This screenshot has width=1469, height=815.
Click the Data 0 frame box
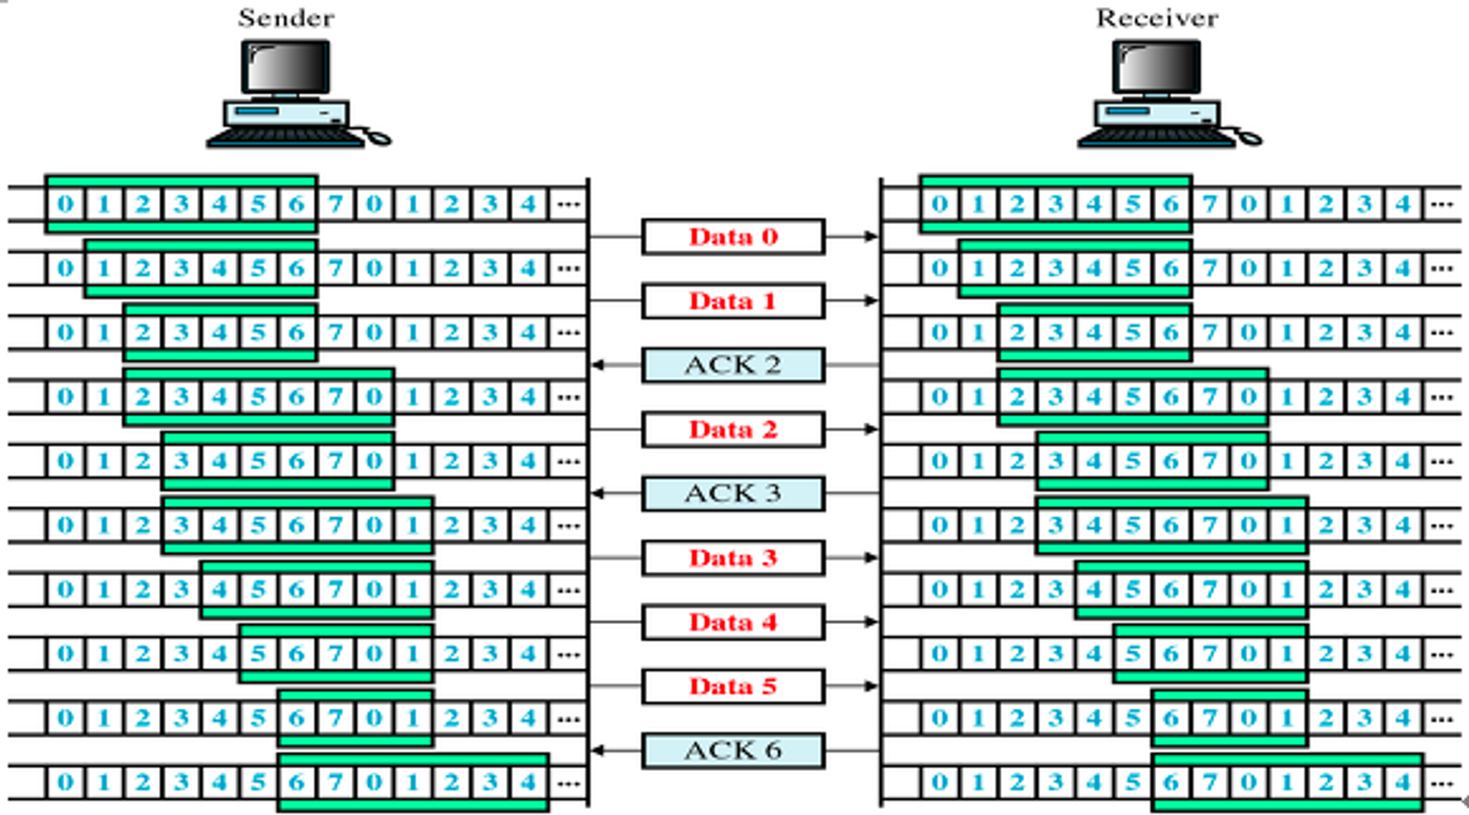point(733,236)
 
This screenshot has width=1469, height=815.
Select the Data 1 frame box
point(733,301)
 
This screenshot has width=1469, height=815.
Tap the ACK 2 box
point(733,365)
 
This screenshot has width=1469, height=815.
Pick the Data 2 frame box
point(733,430)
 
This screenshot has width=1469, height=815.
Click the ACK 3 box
point(733,493)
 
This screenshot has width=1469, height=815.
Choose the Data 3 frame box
point(733,558)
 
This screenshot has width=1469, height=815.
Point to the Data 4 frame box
point(733,622)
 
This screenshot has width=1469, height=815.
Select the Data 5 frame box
point(733,687)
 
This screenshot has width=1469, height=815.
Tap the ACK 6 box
point(733,750)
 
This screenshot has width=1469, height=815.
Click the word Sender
point(286,18)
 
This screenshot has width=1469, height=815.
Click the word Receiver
point(1157,18)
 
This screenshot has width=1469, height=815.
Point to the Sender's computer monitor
point(286,68)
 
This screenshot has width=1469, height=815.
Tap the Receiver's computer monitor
point(1157,68)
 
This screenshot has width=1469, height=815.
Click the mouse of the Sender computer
point(379,137)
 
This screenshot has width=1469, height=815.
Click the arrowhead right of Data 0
point(871,236)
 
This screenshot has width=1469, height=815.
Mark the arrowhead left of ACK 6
point(598,750)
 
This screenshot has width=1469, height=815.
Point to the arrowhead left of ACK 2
point(598,365)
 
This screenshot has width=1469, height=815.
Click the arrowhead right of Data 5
point(871,687)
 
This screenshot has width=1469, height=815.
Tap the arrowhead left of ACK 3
point(598,493)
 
